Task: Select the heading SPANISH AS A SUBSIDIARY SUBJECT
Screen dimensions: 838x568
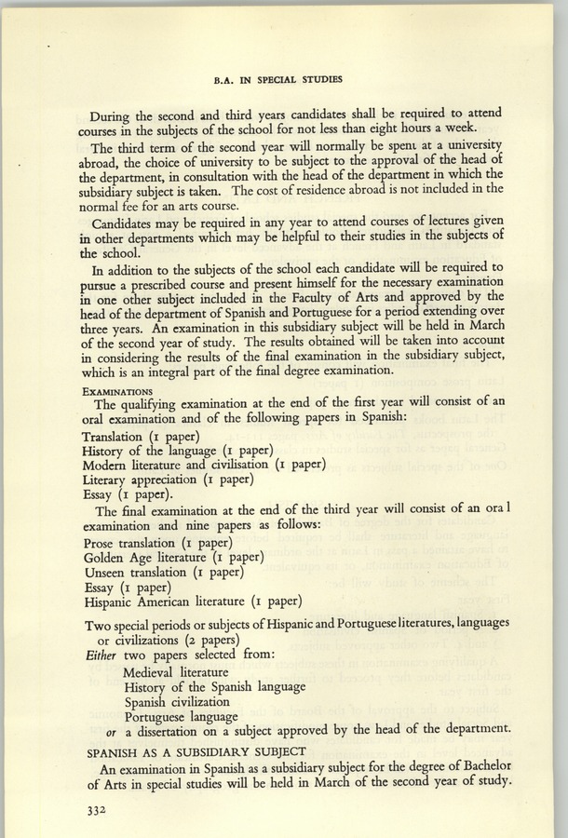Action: pyautogui.click(x=194, y=749)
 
